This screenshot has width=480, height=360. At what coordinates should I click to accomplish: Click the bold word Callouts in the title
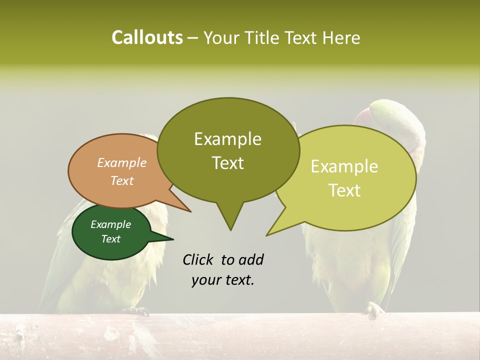pyautogui.click(x=147, y=37)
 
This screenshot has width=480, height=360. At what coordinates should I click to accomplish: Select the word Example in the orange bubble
pyautogui.click(x=122, y=162)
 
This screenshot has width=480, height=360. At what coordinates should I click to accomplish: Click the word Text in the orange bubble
pyautogui.click(x=122, y=180)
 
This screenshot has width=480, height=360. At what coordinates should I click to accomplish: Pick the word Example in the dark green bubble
pyautogui.click(x=110, y=224)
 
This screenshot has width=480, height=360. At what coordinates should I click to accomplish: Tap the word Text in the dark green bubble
pyautogui.click(x=110, y=239)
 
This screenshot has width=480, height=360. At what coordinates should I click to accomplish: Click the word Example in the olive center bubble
pyautogui.click(x=227, y=139)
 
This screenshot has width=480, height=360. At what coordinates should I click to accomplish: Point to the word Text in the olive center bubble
pyautogui.click(x=227, y=163)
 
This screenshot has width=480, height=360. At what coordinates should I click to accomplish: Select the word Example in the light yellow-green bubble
pyautogui.click(x=344, y=166)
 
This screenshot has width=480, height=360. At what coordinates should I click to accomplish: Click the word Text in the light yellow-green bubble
pyautogui.click(x=344, y=190)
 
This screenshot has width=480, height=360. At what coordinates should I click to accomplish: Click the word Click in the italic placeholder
pyautogui.click(x=199, y=259)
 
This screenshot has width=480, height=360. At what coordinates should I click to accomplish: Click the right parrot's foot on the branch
pyautogui.click(x=373, y=310)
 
